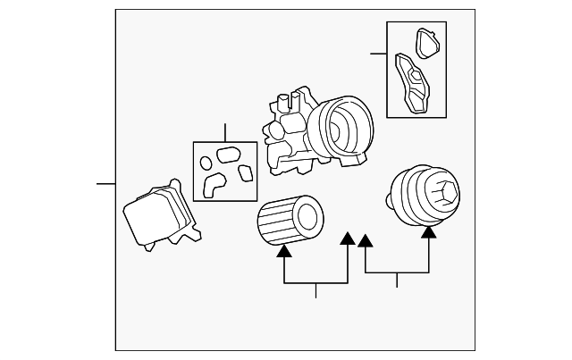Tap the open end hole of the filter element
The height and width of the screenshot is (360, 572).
coord(307,215)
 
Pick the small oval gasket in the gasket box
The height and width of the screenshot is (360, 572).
coord(206,163)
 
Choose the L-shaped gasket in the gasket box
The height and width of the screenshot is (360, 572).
coord(214,183)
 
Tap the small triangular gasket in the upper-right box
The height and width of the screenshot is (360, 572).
coord(427,39)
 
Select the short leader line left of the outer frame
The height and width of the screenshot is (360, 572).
coord(106,183)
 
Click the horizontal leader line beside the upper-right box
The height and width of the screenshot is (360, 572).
coord(378,54)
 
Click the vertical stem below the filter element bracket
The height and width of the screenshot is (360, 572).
coord(315,290)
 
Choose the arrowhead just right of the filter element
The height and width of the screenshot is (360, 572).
coord(348,237)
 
